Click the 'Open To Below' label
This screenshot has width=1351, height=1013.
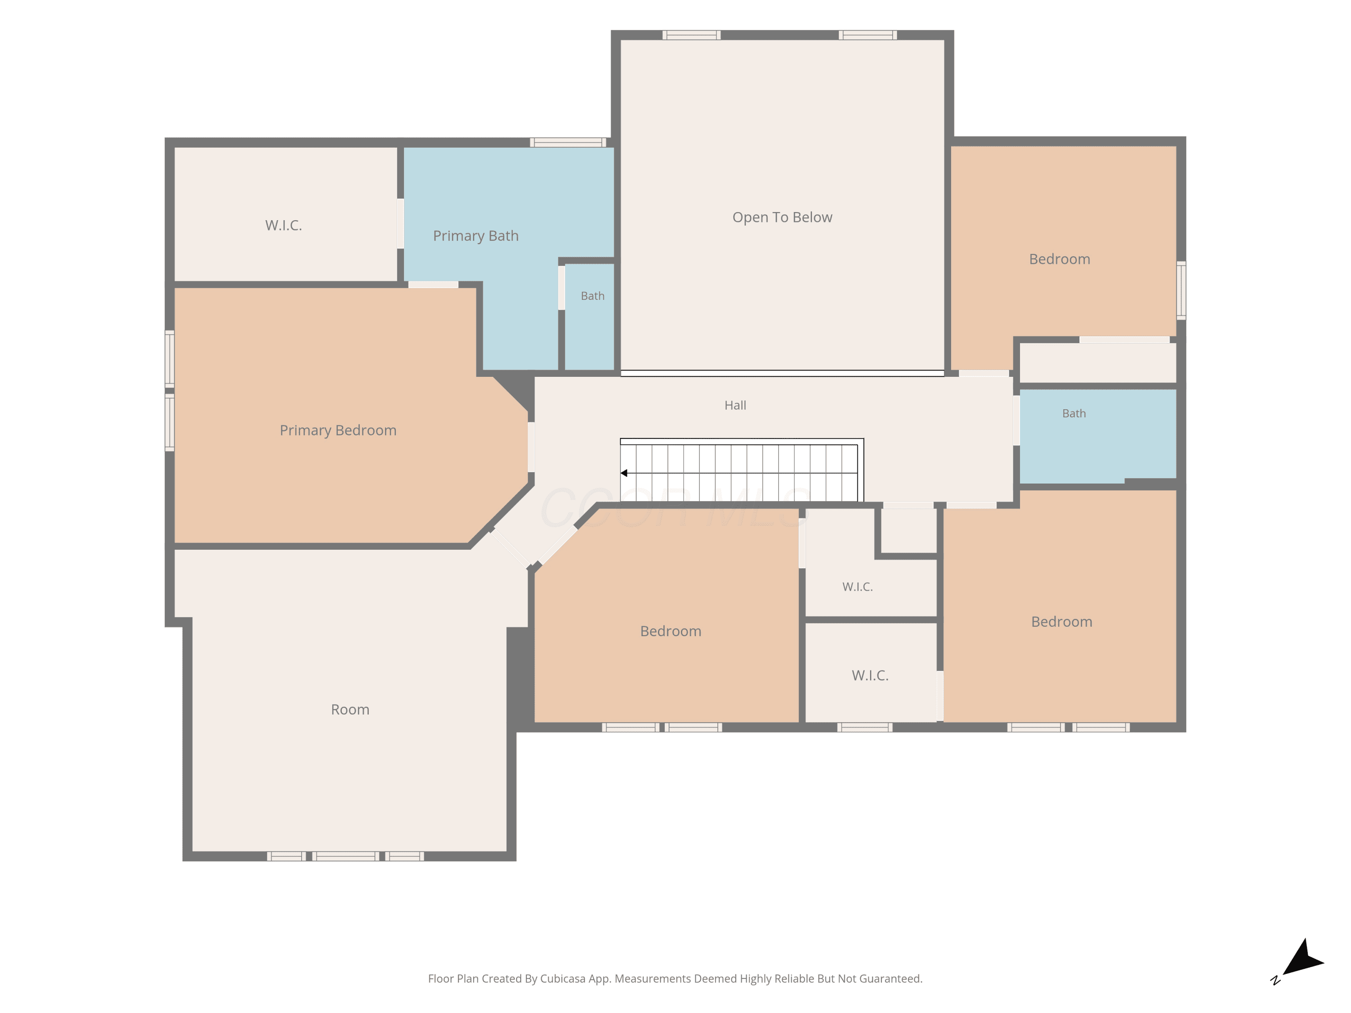coord(782,217)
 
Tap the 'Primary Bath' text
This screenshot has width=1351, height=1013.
coord(476,236)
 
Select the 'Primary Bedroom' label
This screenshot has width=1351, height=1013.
coord(338,430)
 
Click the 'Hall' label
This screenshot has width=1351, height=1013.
coord(735,406)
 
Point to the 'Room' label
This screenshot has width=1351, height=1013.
coord(350,710)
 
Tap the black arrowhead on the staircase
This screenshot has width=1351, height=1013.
coord(624,473)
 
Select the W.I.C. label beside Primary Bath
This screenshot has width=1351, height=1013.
coord(283,225)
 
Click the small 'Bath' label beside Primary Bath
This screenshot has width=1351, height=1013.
coord(593,296)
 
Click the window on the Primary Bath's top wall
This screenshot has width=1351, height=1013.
coord(568,142)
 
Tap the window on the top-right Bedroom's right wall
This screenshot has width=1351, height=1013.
coord(1181,291)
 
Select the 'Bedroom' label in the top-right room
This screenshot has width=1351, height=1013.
coord(1060,259)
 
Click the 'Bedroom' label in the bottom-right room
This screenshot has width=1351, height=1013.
coord(1061,622)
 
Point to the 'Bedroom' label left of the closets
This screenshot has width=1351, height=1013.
coord(671,631)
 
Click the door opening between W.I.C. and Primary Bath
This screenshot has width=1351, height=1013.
coord(401,223)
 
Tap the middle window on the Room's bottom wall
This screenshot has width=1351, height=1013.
coord(346,856)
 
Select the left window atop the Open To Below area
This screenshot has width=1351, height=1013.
coord(691,35)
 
